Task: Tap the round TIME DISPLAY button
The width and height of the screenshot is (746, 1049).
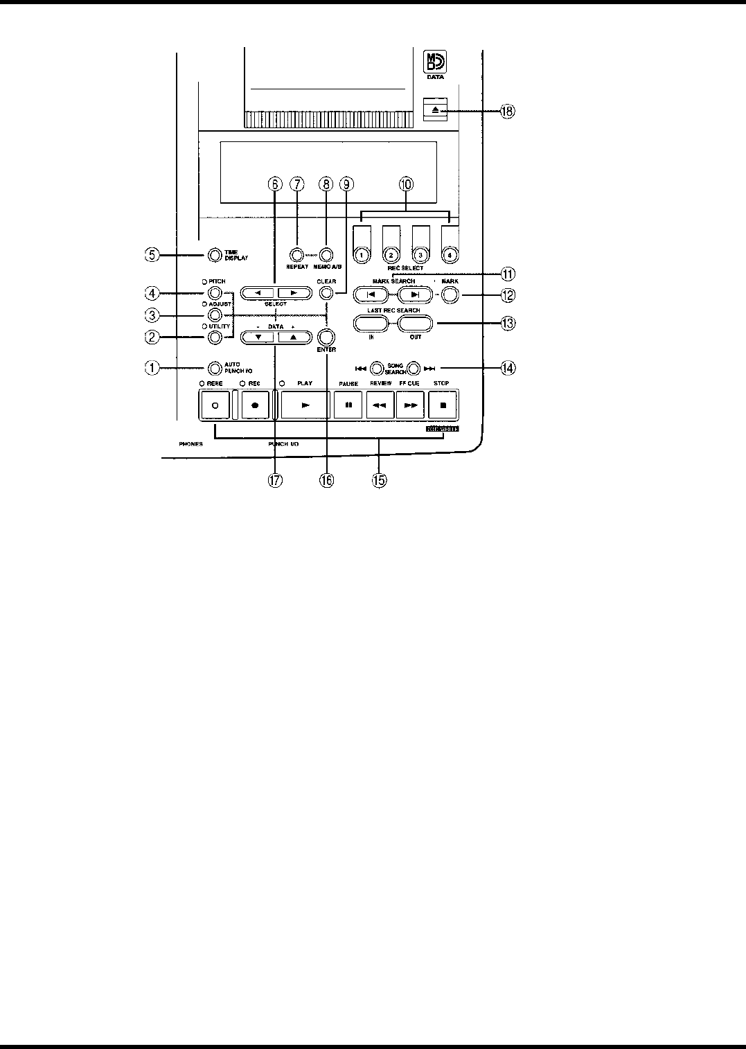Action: coord(214,254)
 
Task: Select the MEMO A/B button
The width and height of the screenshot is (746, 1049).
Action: coord(326,254)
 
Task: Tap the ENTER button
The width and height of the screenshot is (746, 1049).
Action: coord(326,337)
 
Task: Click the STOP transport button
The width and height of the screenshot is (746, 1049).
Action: coord(443,405)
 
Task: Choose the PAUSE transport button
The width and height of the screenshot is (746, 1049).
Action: coord(348,405)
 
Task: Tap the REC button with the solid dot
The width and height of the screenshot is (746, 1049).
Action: coord(255,405)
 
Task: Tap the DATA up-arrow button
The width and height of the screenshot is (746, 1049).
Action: coord(292,337)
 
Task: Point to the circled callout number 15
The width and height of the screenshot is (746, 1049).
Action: coord(379,480)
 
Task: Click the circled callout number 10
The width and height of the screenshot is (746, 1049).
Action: coord(406,184)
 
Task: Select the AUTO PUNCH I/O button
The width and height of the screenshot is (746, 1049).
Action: coord(215,367)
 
